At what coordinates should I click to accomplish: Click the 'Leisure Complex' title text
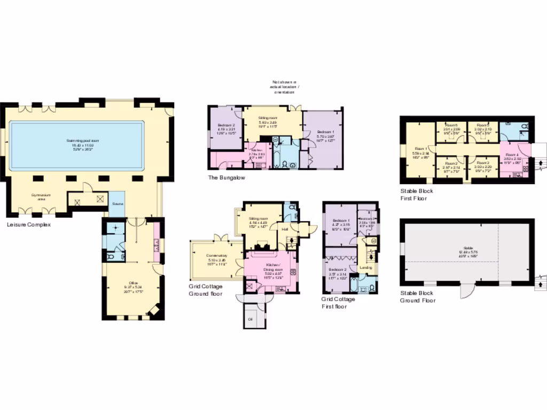coord(28,225)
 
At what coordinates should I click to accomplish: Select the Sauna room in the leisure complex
coord(118,204)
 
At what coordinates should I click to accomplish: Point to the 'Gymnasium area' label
coord(40,196)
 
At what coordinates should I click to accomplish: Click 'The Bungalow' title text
coord(226,178)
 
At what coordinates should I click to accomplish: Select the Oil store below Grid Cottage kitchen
coord(251,319)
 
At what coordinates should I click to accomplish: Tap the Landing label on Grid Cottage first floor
coord(366,267)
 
